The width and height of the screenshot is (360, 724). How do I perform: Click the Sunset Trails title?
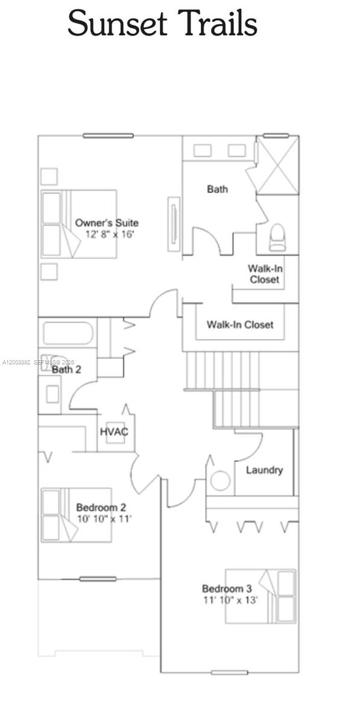pos(163,23)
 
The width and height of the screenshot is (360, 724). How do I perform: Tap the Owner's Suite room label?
pos(107,223)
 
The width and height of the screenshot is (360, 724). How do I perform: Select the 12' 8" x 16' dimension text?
pos(110,234)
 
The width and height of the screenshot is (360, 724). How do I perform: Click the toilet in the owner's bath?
pos(277,238)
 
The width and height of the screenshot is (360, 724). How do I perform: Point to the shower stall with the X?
pos(277,165)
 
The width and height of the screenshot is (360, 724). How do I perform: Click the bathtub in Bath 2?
pos(68,333)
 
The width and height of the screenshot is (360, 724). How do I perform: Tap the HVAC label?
pos(114,431)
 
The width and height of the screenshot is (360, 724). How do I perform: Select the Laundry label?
pos(264,470)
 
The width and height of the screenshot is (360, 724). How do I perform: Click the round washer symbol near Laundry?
pos(220,481)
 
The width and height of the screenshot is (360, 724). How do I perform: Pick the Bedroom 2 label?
pos(101,507)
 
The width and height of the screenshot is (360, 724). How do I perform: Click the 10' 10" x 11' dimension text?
pos(104,519)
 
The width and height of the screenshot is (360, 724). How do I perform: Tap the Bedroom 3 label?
pos(227,588)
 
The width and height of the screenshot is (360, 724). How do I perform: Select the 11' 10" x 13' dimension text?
pos(230,600)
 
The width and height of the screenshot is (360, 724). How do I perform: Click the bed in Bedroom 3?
pos(261,596)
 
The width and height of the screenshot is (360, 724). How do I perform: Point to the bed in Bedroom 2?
pos(76,515)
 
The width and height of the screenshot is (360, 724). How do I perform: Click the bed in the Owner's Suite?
pos(79,224)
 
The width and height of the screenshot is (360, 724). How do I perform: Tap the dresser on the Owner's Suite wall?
pos(174,224)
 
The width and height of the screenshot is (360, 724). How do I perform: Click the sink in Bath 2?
pos(52,394)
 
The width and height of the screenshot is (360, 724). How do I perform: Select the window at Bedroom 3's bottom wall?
pos(229,673)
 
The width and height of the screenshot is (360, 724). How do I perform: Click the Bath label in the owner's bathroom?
pos(217,189)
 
